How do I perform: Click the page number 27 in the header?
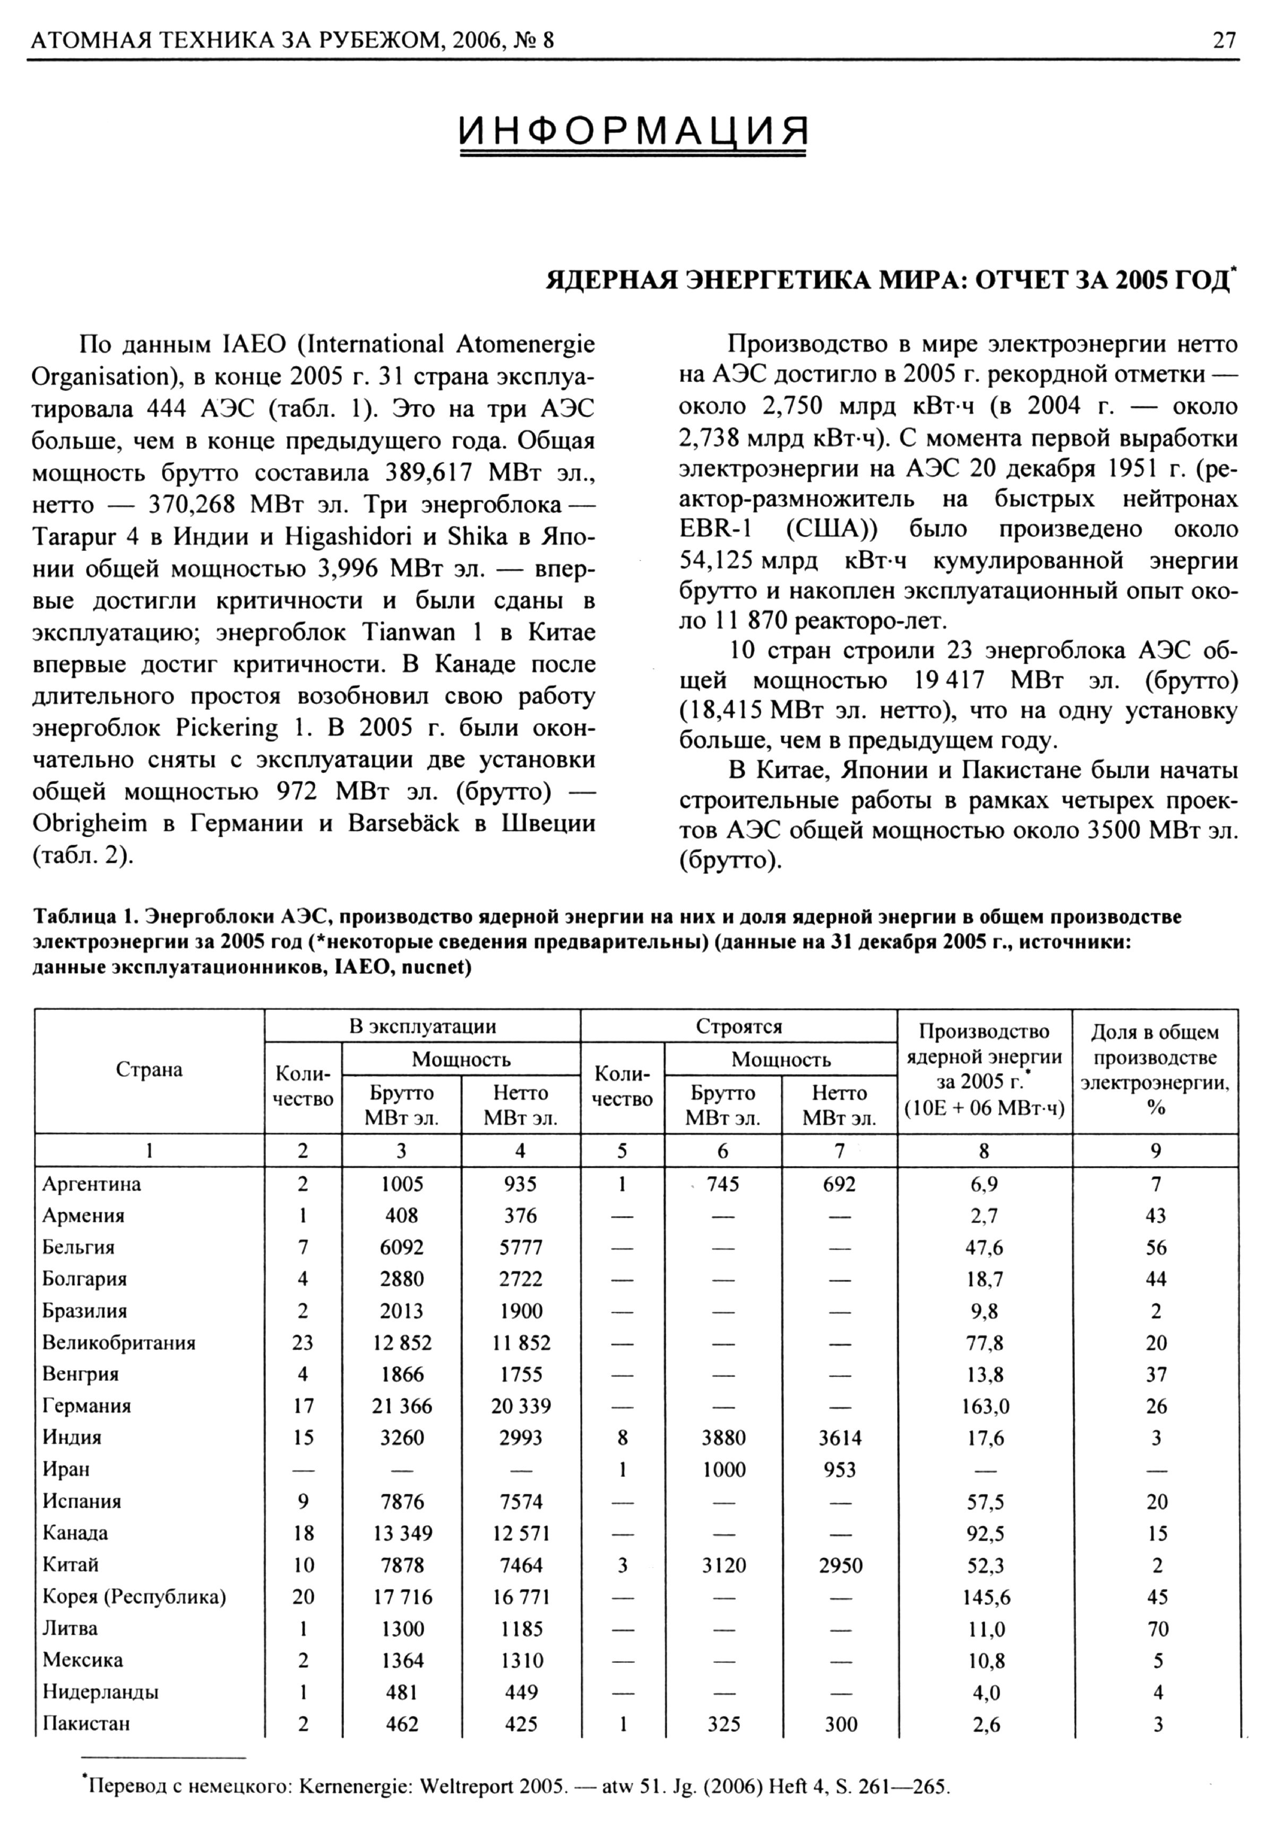point(1225,40)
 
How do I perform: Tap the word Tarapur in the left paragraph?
point(75,537)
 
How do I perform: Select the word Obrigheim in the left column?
point(90,823)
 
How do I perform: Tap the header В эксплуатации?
point(423,1026)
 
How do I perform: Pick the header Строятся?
point(739,1026)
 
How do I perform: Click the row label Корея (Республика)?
point(134,1596)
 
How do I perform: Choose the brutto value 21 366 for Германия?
point(402,1406)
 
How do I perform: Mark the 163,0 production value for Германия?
point(985,1406)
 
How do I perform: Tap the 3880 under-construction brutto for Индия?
point(723,1438)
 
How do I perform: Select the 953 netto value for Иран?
point(840,1469)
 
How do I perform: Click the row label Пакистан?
point(86,1723)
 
